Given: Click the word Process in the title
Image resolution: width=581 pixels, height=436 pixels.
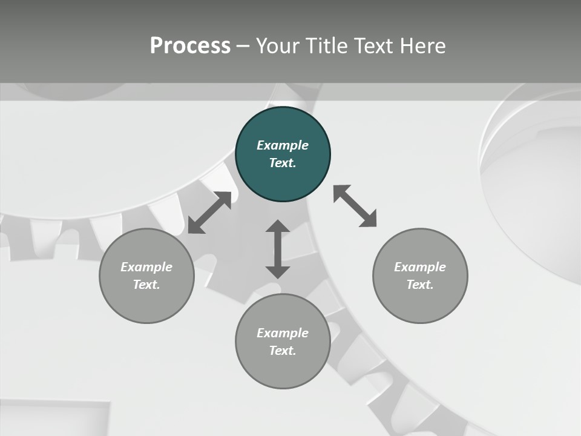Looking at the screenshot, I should point(190,46).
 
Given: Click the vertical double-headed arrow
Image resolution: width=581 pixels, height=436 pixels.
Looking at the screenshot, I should point(278,249).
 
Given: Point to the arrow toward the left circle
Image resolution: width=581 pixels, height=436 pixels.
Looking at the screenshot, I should point(209,213).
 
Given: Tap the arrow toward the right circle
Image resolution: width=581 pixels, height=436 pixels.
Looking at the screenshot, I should point(355,206).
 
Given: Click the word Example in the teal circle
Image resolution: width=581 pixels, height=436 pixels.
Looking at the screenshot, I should point(283,145).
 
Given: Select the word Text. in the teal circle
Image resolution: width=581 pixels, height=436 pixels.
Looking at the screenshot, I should point(283,163).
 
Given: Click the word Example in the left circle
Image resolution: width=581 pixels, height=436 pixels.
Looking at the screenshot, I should point(146,267).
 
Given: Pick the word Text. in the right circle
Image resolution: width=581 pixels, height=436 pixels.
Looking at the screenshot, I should point(420,285).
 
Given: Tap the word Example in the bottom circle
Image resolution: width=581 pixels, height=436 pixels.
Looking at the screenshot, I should point(283,333).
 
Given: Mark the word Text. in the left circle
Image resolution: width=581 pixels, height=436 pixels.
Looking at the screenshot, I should point(146,285).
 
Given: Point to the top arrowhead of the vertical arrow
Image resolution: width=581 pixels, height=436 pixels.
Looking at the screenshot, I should point(278,227).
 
